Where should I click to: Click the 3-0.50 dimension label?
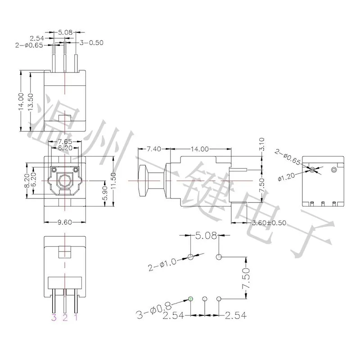click(91, 43)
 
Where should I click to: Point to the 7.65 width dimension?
click(65, 141)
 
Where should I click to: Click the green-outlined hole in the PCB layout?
click(190, 298)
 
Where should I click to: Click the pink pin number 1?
click(76, 319)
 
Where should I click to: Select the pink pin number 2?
click(65, 319)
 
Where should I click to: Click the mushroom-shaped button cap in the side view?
click(143, 180)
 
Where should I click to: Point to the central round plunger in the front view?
click(65, 181)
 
